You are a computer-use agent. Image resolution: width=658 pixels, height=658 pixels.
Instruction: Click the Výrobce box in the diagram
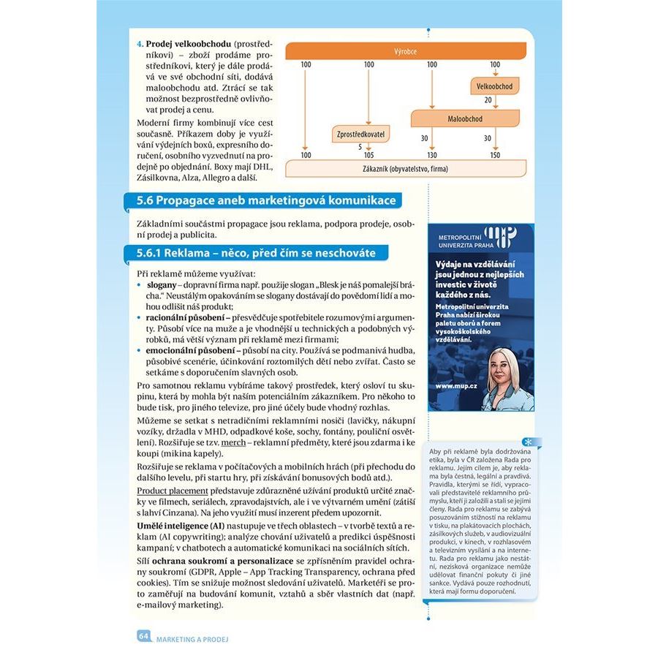pos(405,51)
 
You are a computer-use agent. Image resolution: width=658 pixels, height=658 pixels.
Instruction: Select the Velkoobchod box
pos(495,87)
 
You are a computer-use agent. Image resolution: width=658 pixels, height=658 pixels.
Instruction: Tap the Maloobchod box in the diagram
pos(465,118)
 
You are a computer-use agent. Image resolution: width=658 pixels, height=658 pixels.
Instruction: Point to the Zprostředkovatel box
pos(360,134)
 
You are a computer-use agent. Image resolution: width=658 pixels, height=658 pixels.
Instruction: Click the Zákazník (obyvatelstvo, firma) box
pos(405,169)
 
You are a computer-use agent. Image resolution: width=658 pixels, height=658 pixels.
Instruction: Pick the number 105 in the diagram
pos(368,155)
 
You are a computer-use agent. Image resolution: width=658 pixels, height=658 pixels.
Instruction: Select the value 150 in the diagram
pos(495,155)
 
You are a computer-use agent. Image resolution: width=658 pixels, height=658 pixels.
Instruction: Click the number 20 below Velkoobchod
pos(488,100)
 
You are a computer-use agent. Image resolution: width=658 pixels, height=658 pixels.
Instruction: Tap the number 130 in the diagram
pos(432,155)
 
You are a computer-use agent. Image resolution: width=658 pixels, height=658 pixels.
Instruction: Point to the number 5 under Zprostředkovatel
pos(360,147)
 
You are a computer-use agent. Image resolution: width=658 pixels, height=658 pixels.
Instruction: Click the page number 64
pos(143,636)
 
